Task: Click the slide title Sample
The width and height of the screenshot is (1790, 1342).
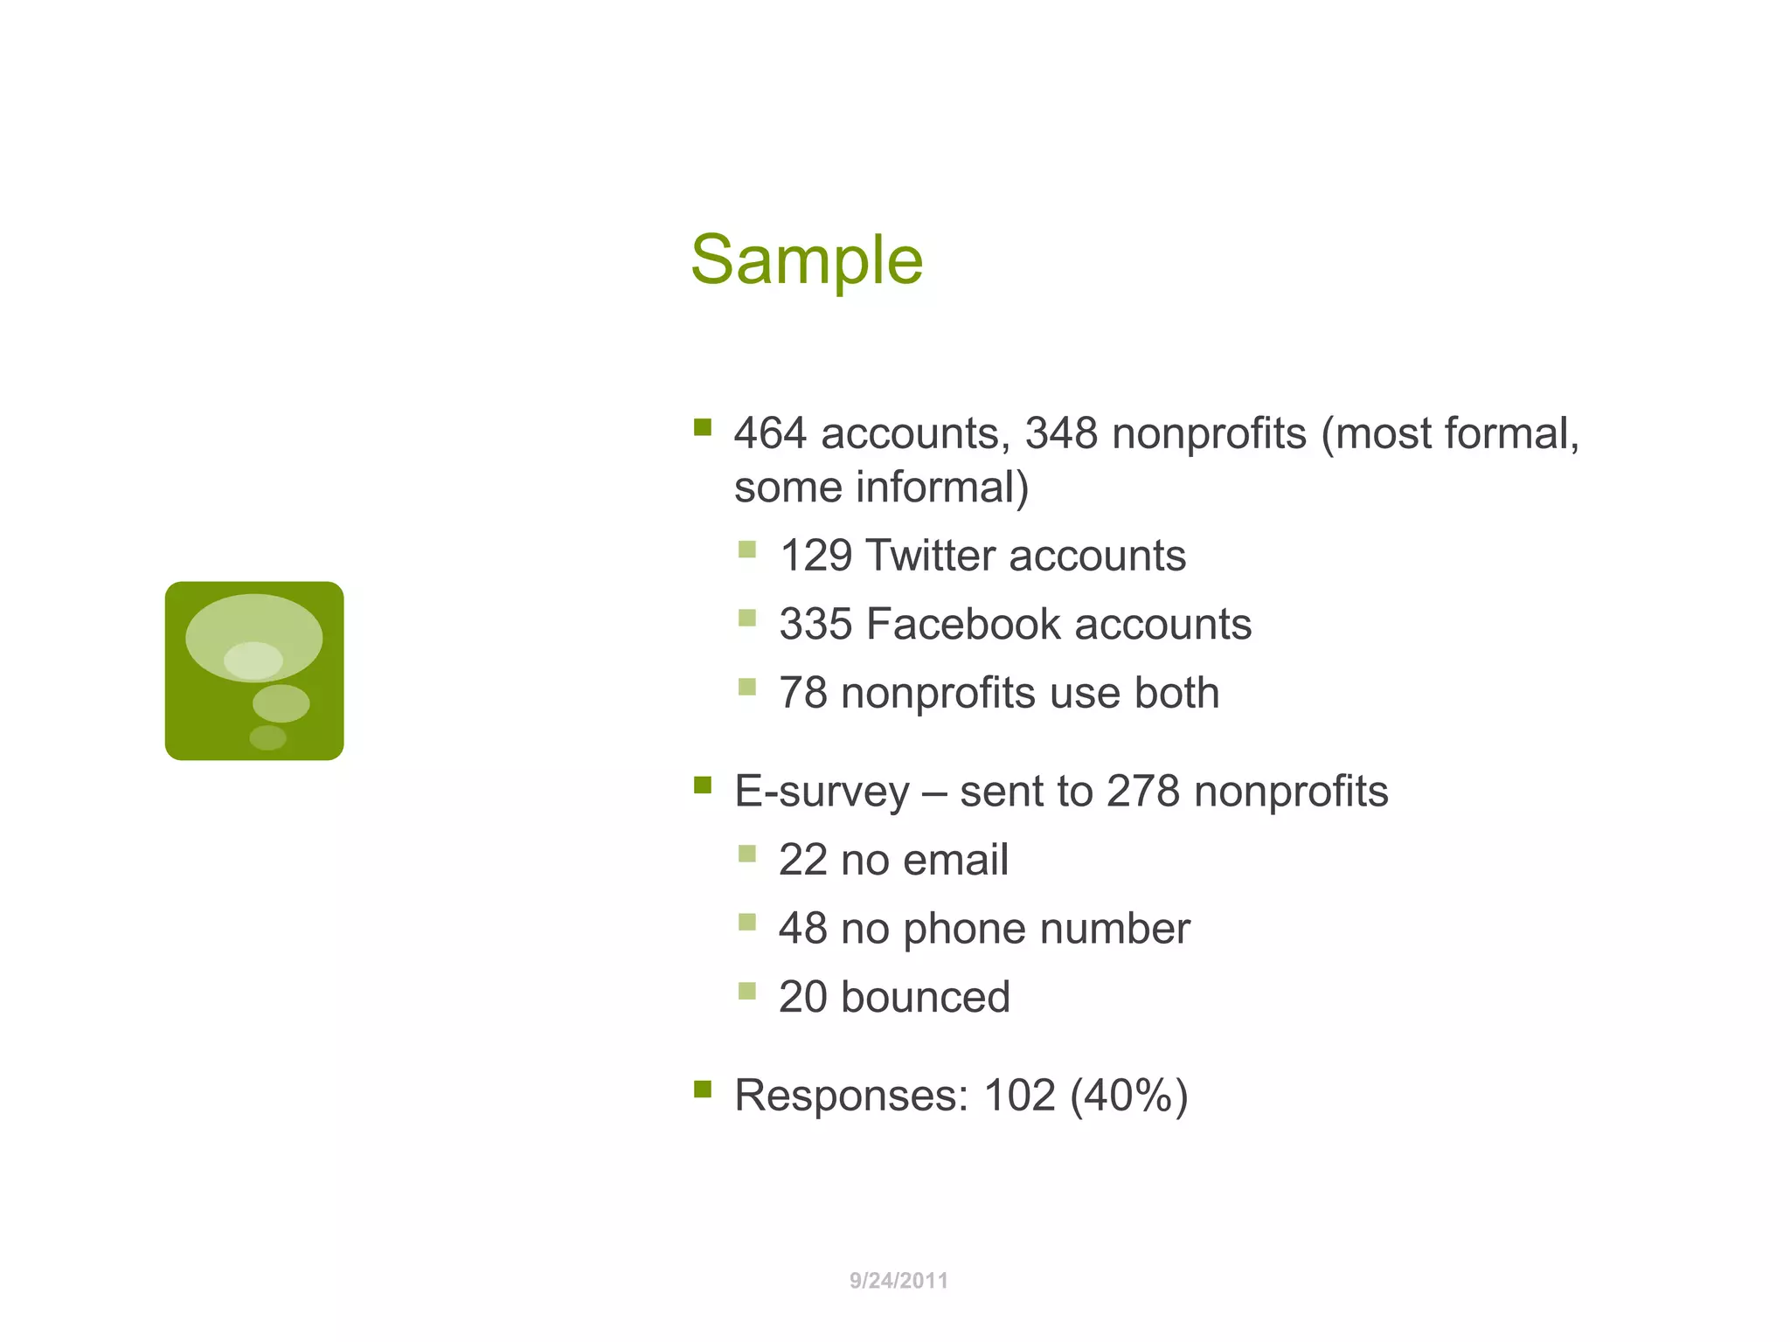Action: pyautogui.click(x=806, y=260)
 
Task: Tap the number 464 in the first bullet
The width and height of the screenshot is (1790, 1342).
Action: pyautogui.click(x=770, y=433)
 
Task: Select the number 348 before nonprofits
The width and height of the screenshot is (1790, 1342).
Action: pyautogui.click(x=1060, y=433)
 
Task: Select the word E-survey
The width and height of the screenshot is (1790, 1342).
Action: pyautogui.click(x=822, y=792)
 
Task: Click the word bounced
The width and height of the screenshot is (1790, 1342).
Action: pyautogui.click(x=925, y=997)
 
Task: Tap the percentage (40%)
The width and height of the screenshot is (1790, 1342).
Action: pyautogui.click(x=1128, y=1096)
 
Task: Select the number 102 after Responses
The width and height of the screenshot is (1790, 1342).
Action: pyautogui.click(x=1019, y=1096)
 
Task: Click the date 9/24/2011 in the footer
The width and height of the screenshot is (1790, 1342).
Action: pyautogui.click(x=898, y=1281)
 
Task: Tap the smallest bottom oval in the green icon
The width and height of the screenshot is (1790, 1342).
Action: pyautogui.click(x=267, y=738)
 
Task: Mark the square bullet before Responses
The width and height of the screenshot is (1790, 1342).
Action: pyautogui.click(x=703, y=1089)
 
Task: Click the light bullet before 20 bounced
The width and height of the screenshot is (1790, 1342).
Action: pyautogui.click(x=746, y=991)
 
